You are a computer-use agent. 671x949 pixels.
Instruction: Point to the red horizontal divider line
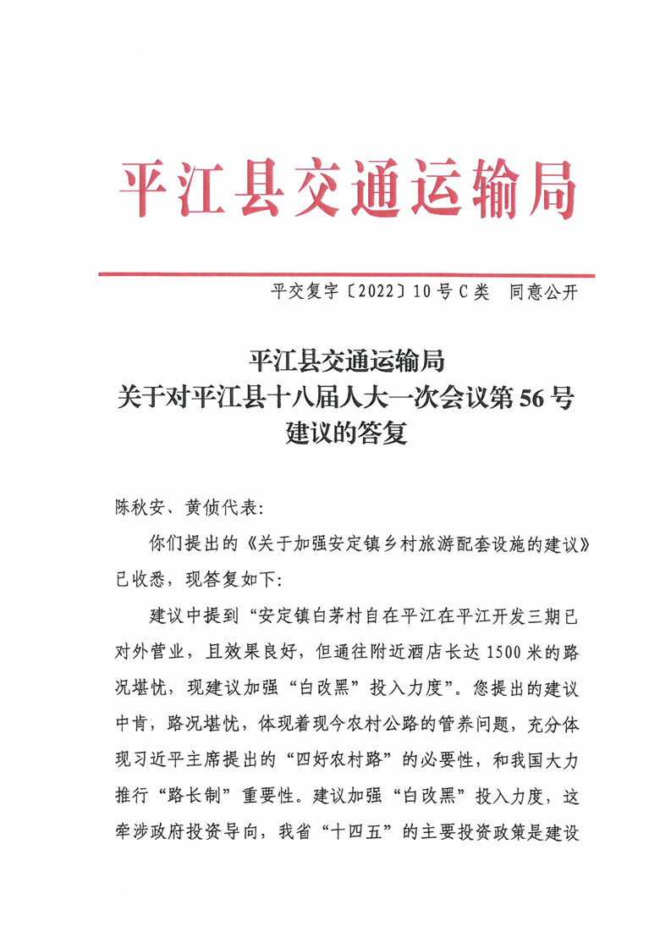[347, 274]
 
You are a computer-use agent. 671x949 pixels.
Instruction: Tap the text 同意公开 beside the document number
[542, 294]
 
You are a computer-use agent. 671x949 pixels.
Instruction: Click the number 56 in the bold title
[525, 398]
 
